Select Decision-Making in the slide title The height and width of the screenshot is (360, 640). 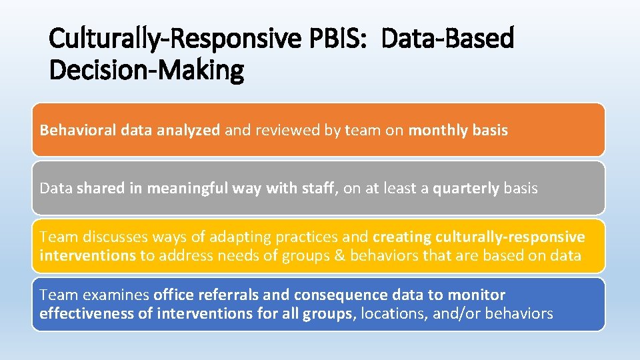tap(147, 69)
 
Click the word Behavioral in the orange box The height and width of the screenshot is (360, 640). tap(79, 131)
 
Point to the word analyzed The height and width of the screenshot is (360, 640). tap(189, 131)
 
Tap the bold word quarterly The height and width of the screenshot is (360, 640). tap(466, 189)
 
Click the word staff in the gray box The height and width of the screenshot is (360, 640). tap(323, 189)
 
